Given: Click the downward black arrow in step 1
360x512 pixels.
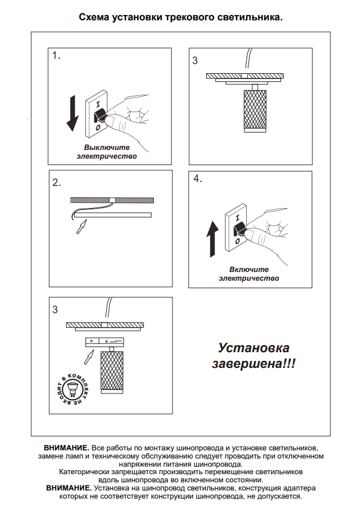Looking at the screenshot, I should pyautogui.click(x=73, y=113).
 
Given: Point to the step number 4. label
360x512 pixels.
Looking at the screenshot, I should pyautogui.click(x=198, y=179).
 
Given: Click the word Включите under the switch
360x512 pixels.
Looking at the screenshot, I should pyautogui.click(x=249, y=270).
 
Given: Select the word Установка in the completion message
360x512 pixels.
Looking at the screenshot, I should pyautogui.click(x=253, y=348).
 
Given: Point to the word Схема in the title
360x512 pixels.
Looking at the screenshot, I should pyautogui.click(x=92, y=17).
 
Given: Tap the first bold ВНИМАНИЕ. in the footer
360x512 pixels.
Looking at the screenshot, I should pyautogui.click(x=66, y=449).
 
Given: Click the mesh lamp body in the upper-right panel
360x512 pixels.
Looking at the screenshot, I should pyautogui.click(x=254, y=110).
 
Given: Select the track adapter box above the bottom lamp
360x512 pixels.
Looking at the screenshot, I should pyautogui.click(x=106, y=340).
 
